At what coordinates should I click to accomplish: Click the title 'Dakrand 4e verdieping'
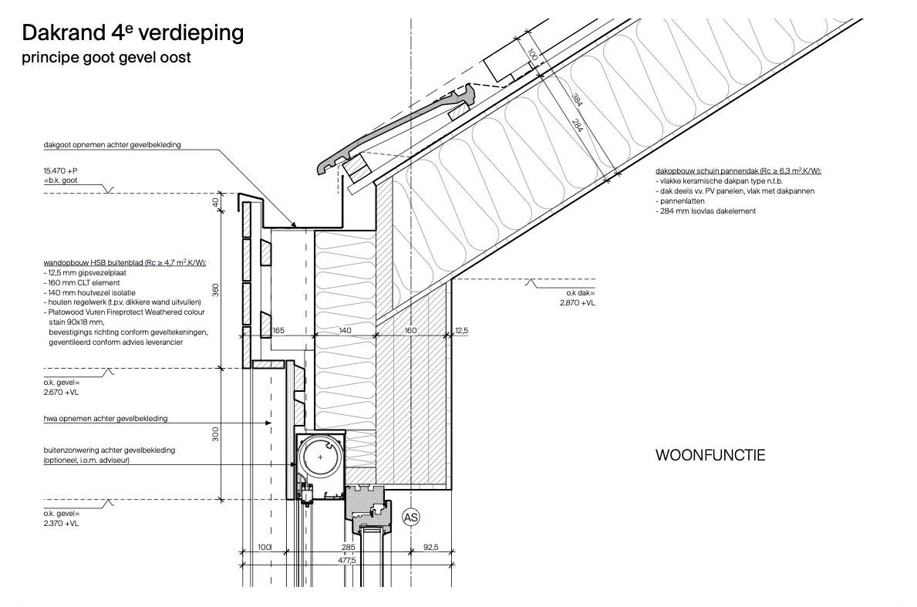pyautogui.click(x=133, y=33)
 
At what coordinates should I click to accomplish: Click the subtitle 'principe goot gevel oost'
pyautogui.click(x=106, y=58)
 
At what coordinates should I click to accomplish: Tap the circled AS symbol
pyautogui.click(x=411, y=517)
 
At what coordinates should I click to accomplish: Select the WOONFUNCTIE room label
pyautogui.click(x=710, y=455)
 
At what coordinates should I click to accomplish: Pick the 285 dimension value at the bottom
pyautogui.click(x=348, y=548)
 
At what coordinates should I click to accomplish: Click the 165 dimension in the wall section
pyautogui.click(x=279, y=330)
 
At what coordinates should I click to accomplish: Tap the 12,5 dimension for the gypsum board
pyautogui.click(x=461, y=330)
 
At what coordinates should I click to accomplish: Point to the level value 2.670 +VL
pyautogui.click(x=62, y=393)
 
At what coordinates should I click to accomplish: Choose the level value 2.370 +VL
pyautogui.click(x=62, y=524)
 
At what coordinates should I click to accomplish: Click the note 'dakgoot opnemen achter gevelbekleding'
pyautogui.click(x=113, y=144)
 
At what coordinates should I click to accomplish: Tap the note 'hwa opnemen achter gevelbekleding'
pyautogui.click(x=106, y=419)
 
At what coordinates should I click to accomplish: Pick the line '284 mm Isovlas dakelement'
pyautogui.click(x=706, y=211)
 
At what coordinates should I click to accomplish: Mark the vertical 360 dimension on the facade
pyautogui.click(x=216, y=289)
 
